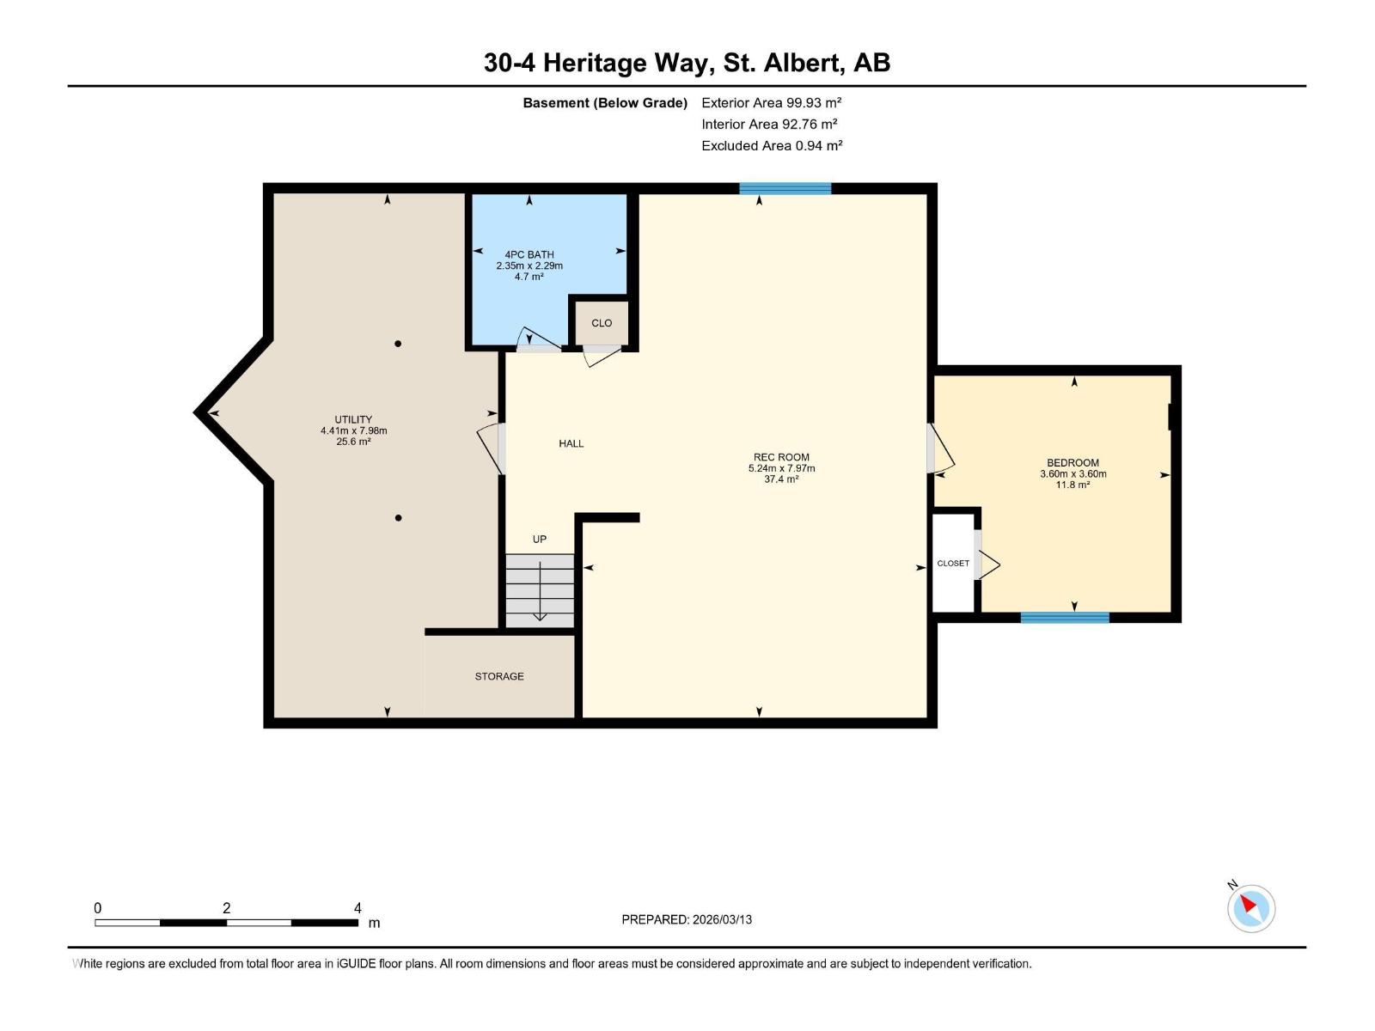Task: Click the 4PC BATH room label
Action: (x=529, y=254)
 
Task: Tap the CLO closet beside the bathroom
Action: (x=602, y=323)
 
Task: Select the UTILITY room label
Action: (x=353, y=420)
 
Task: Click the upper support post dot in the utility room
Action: (x=398, y=344)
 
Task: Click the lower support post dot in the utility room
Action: (x=398, y=518)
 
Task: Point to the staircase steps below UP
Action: (x=540, y=590)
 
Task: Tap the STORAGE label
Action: (x=499, y=676)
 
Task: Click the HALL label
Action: (x=571, y=443)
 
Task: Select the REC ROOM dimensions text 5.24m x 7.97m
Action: (x=781, y=468)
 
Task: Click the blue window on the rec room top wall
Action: (x=785, y=188)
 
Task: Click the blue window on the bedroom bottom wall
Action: (x=1065, y=617)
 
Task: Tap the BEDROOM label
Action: (x=1072, y=462)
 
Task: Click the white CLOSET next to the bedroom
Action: (x=953, y=563)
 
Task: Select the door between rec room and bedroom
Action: (x=938, y=448)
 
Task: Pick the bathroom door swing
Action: (x=538, y=340)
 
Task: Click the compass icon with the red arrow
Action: (x=1251, y=908)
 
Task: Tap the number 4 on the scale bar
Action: (x=357, y=908)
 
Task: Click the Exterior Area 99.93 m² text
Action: (x=771, y=102)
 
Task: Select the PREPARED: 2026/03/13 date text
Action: (x=687, y=919)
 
